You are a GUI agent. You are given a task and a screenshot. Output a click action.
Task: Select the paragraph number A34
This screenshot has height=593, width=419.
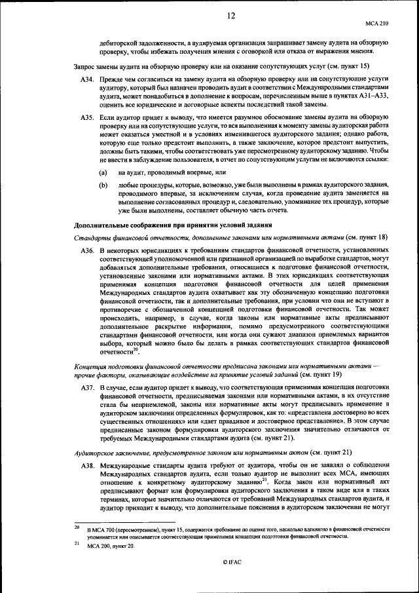click(x=88, y=77)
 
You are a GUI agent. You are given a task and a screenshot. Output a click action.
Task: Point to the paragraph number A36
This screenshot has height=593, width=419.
click(x=88, y=251)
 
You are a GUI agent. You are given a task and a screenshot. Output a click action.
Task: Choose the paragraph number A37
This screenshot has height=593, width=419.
click(x=88, y=389)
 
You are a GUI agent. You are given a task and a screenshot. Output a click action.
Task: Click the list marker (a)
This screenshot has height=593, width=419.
click(x=103, y=172)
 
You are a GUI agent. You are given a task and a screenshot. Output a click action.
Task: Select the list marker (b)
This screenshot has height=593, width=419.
click(x=103, y=185)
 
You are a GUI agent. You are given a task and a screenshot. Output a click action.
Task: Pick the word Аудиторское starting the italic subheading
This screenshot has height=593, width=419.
click(x=95, y=451)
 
